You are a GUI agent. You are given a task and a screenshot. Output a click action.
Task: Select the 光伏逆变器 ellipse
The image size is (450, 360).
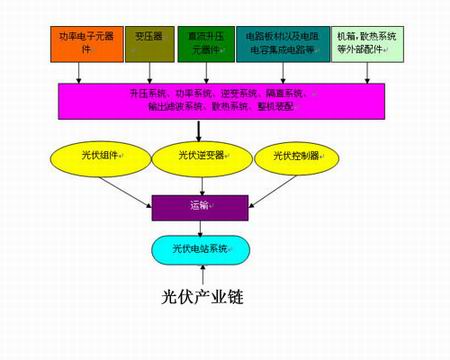click(202, 156)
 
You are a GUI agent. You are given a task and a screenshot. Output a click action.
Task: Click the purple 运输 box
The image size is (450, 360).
click(200, 207)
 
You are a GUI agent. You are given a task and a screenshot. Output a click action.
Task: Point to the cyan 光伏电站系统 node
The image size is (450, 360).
click(201, 249)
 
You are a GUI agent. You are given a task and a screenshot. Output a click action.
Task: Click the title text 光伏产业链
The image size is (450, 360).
click(203, 297)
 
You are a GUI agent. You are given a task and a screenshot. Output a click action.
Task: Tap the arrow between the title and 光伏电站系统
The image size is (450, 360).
click(201, 273)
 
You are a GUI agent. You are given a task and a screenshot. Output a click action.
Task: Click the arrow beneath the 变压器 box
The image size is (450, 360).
click(150, 73)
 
